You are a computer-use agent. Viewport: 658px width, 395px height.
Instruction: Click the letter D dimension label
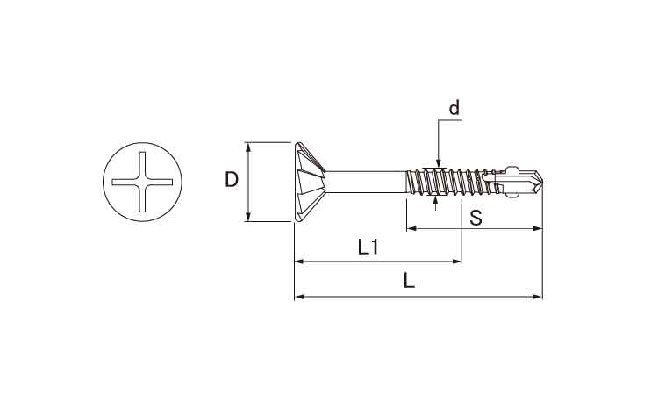(232, 180)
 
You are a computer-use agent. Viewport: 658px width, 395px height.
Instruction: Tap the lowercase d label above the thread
(454, 108)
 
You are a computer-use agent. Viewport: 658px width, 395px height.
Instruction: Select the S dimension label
(476, 218)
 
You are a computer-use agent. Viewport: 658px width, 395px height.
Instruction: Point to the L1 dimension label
(368, 248)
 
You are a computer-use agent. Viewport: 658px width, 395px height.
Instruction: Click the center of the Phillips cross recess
(142, 182)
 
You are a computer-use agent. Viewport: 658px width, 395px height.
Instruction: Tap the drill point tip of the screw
(542, 182)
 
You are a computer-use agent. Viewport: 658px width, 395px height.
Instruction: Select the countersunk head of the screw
(310, 182)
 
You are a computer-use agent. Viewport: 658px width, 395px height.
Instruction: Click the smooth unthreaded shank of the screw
(366, 182)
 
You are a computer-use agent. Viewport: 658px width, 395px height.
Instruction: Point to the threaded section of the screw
(449, 182)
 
